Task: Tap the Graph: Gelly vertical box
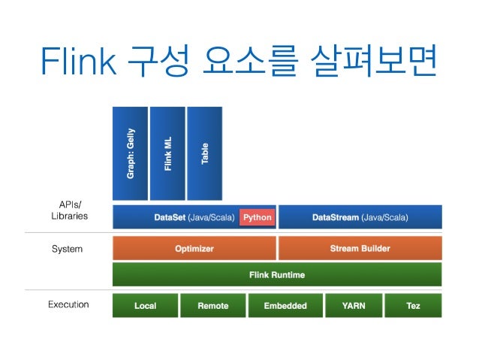[x=130, y=154]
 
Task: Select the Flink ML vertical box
[x=167, y=154]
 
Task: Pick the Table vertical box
[x=204, y=154]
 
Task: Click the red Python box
[x=258, y=218]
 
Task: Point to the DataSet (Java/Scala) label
[x=194, y=218]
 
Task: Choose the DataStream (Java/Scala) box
[x=360, y=218]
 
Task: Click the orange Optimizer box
[x=194, y=248]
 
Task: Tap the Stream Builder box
[x=360, y=248]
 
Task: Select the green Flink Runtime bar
[x=277, y=275]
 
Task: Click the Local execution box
[x=145, y=306]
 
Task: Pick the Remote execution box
[x=212, y=306]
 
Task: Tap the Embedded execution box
[x=285, y=306]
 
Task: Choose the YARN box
[x=353, y=306]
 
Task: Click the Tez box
[x=413, y=306]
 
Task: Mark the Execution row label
[x=68, y=305]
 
